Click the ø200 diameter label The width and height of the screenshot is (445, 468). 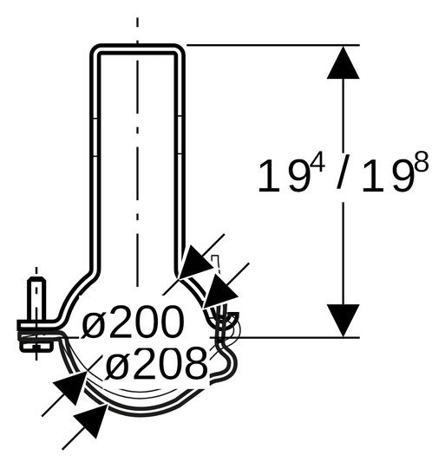pyautogui.click(x=134, y=323)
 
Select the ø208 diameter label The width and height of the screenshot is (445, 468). pyautogui.click(x=157, y=365)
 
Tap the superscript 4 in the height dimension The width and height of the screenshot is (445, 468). pyautogui.click(x=317, y=164)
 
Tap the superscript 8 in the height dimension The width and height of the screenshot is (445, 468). pyautogui.click(x=421, y=164)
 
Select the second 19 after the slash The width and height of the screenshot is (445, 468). pyautogui.click(x=387, y=177)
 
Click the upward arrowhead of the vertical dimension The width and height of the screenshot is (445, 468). pyautogui.click(x=344, y=62)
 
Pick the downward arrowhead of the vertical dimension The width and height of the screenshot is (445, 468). pyautogui.click(x=344, y=320)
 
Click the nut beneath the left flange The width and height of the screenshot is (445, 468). pyautogui.click(x=36, y=348)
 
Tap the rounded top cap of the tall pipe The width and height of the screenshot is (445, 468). pyautogui.click(x=137, y=48)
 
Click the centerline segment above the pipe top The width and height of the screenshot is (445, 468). pyautogui.click(x=137, y=26)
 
